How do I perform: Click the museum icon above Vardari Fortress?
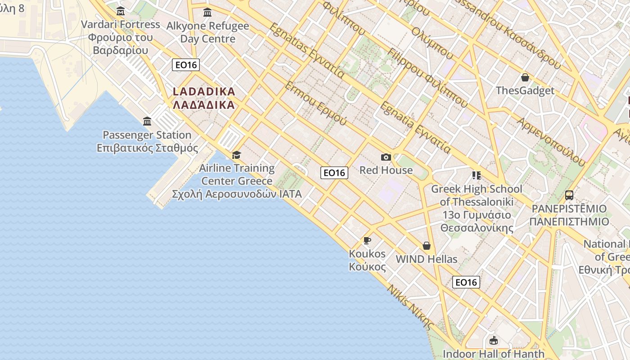(120, 11)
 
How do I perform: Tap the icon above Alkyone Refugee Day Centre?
(207, 13)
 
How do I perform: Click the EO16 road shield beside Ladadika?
(186, 65)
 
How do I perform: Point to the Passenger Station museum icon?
(147, 121)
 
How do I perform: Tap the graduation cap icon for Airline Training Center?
(236, 155)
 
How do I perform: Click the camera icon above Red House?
(386, 157)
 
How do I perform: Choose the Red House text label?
(386, 170)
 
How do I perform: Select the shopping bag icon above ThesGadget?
(525, 77)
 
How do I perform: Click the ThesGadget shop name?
(525, 90)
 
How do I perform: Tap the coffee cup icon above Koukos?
(367, 240)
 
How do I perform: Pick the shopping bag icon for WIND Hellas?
(426, 246)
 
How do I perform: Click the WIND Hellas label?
(426, 259)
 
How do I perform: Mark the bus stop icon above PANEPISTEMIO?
(569, 195)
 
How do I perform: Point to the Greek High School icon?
(477, 175)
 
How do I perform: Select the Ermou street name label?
(316, 104)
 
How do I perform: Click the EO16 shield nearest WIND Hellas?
(466, 282)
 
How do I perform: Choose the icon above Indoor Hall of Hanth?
(493, 341)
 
